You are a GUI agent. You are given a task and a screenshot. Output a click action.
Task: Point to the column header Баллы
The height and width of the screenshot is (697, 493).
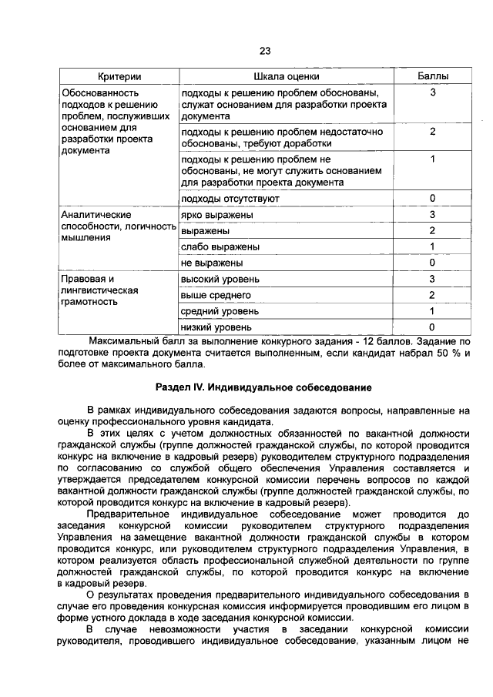pos(433,77)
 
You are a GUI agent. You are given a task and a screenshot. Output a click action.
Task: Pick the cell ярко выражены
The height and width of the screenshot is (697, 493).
pos(216,215)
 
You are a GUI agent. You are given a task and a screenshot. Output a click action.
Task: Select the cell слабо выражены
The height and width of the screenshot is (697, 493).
pos(220,247)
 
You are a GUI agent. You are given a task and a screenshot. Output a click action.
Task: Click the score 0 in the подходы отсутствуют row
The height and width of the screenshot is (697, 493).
pos(433,199)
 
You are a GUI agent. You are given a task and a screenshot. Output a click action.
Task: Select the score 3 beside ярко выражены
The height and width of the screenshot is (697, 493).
pos(433,215)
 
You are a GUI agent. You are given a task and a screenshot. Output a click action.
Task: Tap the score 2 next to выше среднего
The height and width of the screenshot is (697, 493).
pos(433,295)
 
